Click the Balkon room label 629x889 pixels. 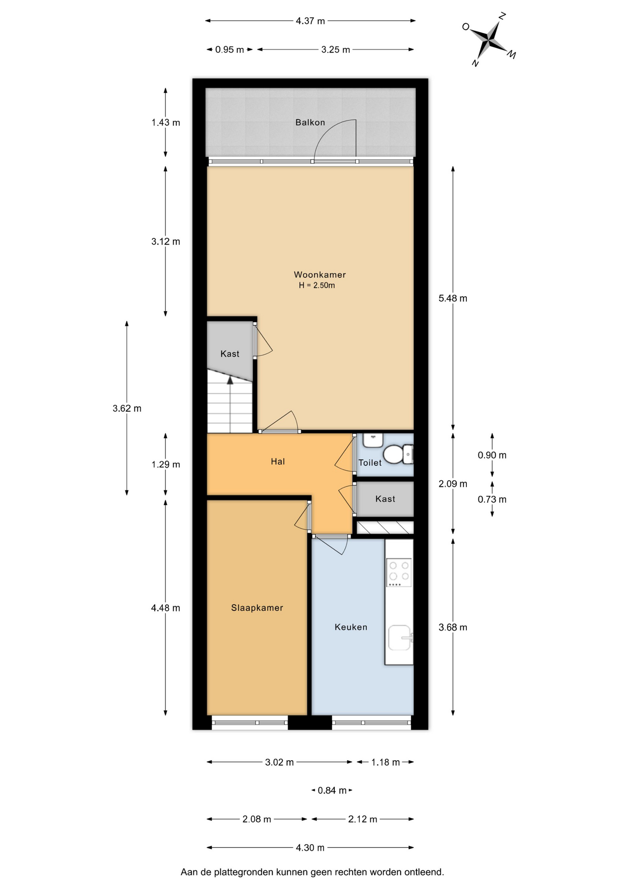(x=310, y=122)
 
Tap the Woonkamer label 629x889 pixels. (x=320, y=275)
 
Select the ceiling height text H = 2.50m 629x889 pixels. (x=317, y=285)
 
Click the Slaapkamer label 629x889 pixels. (x=257, y=608)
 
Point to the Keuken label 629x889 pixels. (x=351, y=627)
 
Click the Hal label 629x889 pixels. (x=278, y=461)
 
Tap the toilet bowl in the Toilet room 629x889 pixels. (x=396, y=454)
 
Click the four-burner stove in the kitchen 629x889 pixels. (x=399, y=573)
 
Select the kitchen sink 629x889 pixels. (x=400, y=638)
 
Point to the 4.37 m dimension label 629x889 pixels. (x=310, y=21)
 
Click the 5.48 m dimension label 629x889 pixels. (x=453, y=298)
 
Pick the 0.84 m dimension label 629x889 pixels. (x=332, y=790)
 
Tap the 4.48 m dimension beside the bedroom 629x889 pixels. (x=165, y=608)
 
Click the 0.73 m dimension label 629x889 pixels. (x=492, y=499)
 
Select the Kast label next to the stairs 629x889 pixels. (x=230, y=354)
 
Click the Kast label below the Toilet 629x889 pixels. (x=385, y=499)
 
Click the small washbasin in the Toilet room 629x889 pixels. (x=372, y=440)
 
